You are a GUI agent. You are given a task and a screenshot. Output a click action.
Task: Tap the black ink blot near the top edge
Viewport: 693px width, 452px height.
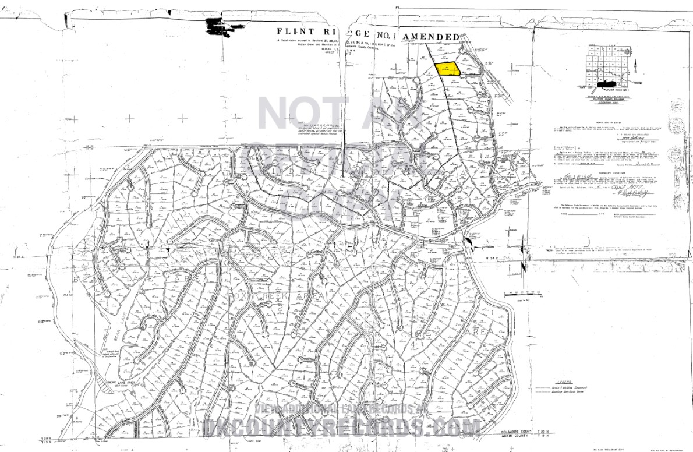pyautogui.click(x=218, y=26)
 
